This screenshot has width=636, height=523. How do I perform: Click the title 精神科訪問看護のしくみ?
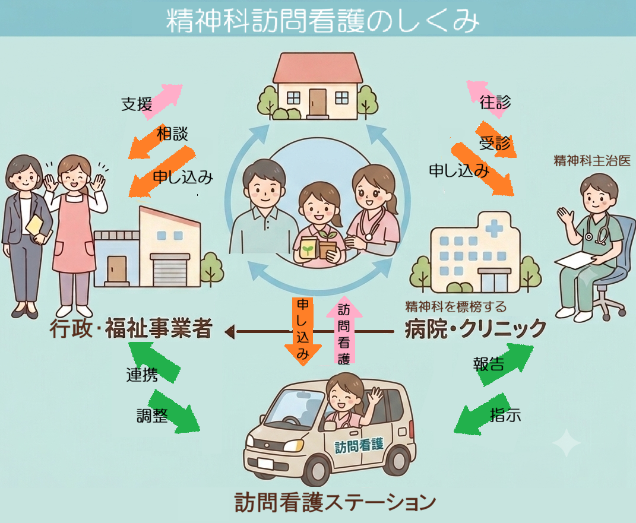click(322, 20)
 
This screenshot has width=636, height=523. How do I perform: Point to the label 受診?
click(495, 142)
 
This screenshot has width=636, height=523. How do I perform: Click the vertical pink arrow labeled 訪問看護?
click(344, 331)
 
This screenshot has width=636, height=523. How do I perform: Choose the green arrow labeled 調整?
click(173, 411)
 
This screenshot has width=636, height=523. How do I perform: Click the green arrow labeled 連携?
click(154, 362)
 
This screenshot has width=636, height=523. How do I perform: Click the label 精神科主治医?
click(592, 160)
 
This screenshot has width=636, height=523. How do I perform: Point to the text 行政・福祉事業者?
click(131, 328)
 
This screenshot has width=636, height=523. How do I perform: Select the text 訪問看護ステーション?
click(335, 502)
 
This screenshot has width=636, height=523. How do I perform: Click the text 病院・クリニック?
click(476, 328)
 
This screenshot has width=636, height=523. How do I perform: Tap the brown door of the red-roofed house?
click(318, 103)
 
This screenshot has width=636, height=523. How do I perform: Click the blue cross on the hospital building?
click(494, 228)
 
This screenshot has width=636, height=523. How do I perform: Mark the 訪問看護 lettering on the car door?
click(359, 445)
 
